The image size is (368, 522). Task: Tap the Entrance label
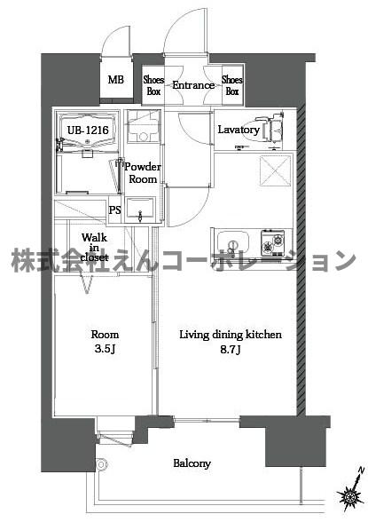[192, 85]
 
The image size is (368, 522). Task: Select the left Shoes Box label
[153, 85]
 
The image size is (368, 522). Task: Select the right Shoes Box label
[232, 85]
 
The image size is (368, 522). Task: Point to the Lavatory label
[239, 130]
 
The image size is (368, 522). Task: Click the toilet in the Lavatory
[271, 129]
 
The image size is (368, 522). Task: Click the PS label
[114, 210]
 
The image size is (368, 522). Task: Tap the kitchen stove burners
[273, 241]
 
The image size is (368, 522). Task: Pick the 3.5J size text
[105, 349]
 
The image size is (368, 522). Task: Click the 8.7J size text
[230, 349]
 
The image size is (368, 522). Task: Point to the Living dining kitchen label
[231, 335]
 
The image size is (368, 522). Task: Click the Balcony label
[192, 463]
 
